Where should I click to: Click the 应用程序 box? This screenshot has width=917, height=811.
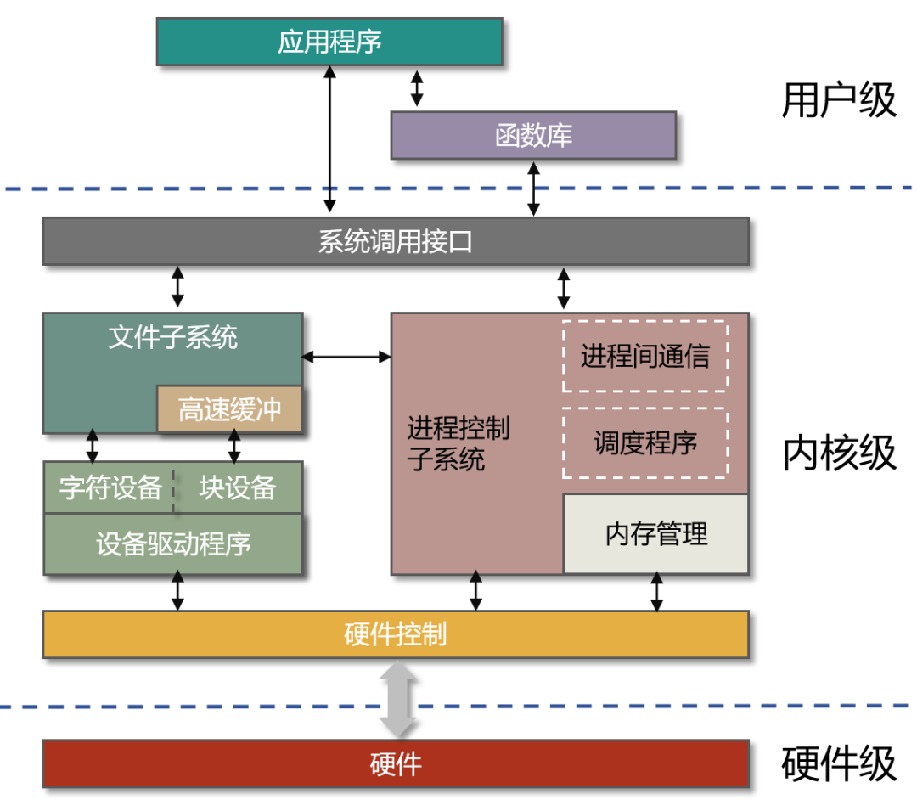329,42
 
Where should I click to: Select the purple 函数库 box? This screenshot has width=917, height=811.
533,135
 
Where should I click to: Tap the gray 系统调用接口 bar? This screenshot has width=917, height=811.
396,242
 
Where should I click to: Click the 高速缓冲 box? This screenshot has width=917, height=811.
229,409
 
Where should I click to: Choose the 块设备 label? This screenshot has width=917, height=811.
238,487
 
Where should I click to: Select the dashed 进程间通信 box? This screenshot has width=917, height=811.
644,356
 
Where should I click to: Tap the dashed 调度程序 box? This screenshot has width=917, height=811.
644,442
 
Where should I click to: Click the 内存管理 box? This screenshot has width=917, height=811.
655,534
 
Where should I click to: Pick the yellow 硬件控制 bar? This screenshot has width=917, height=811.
396,634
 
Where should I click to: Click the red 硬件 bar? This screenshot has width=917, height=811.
396,763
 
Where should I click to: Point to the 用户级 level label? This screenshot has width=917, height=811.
838,100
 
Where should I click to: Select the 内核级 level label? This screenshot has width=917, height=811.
838,453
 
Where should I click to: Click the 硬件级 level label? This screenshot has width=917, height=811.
838,763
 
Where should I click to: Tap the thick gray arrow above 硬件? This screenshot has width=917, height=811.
398,700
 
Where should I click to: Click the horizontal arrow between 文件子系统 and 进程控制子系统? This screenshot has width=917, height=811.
346,357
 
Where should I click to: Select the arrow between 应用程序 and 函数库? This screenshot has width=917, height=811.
416,88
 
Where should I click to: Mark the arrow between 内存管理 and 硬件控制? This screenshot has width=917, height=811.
656,592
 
